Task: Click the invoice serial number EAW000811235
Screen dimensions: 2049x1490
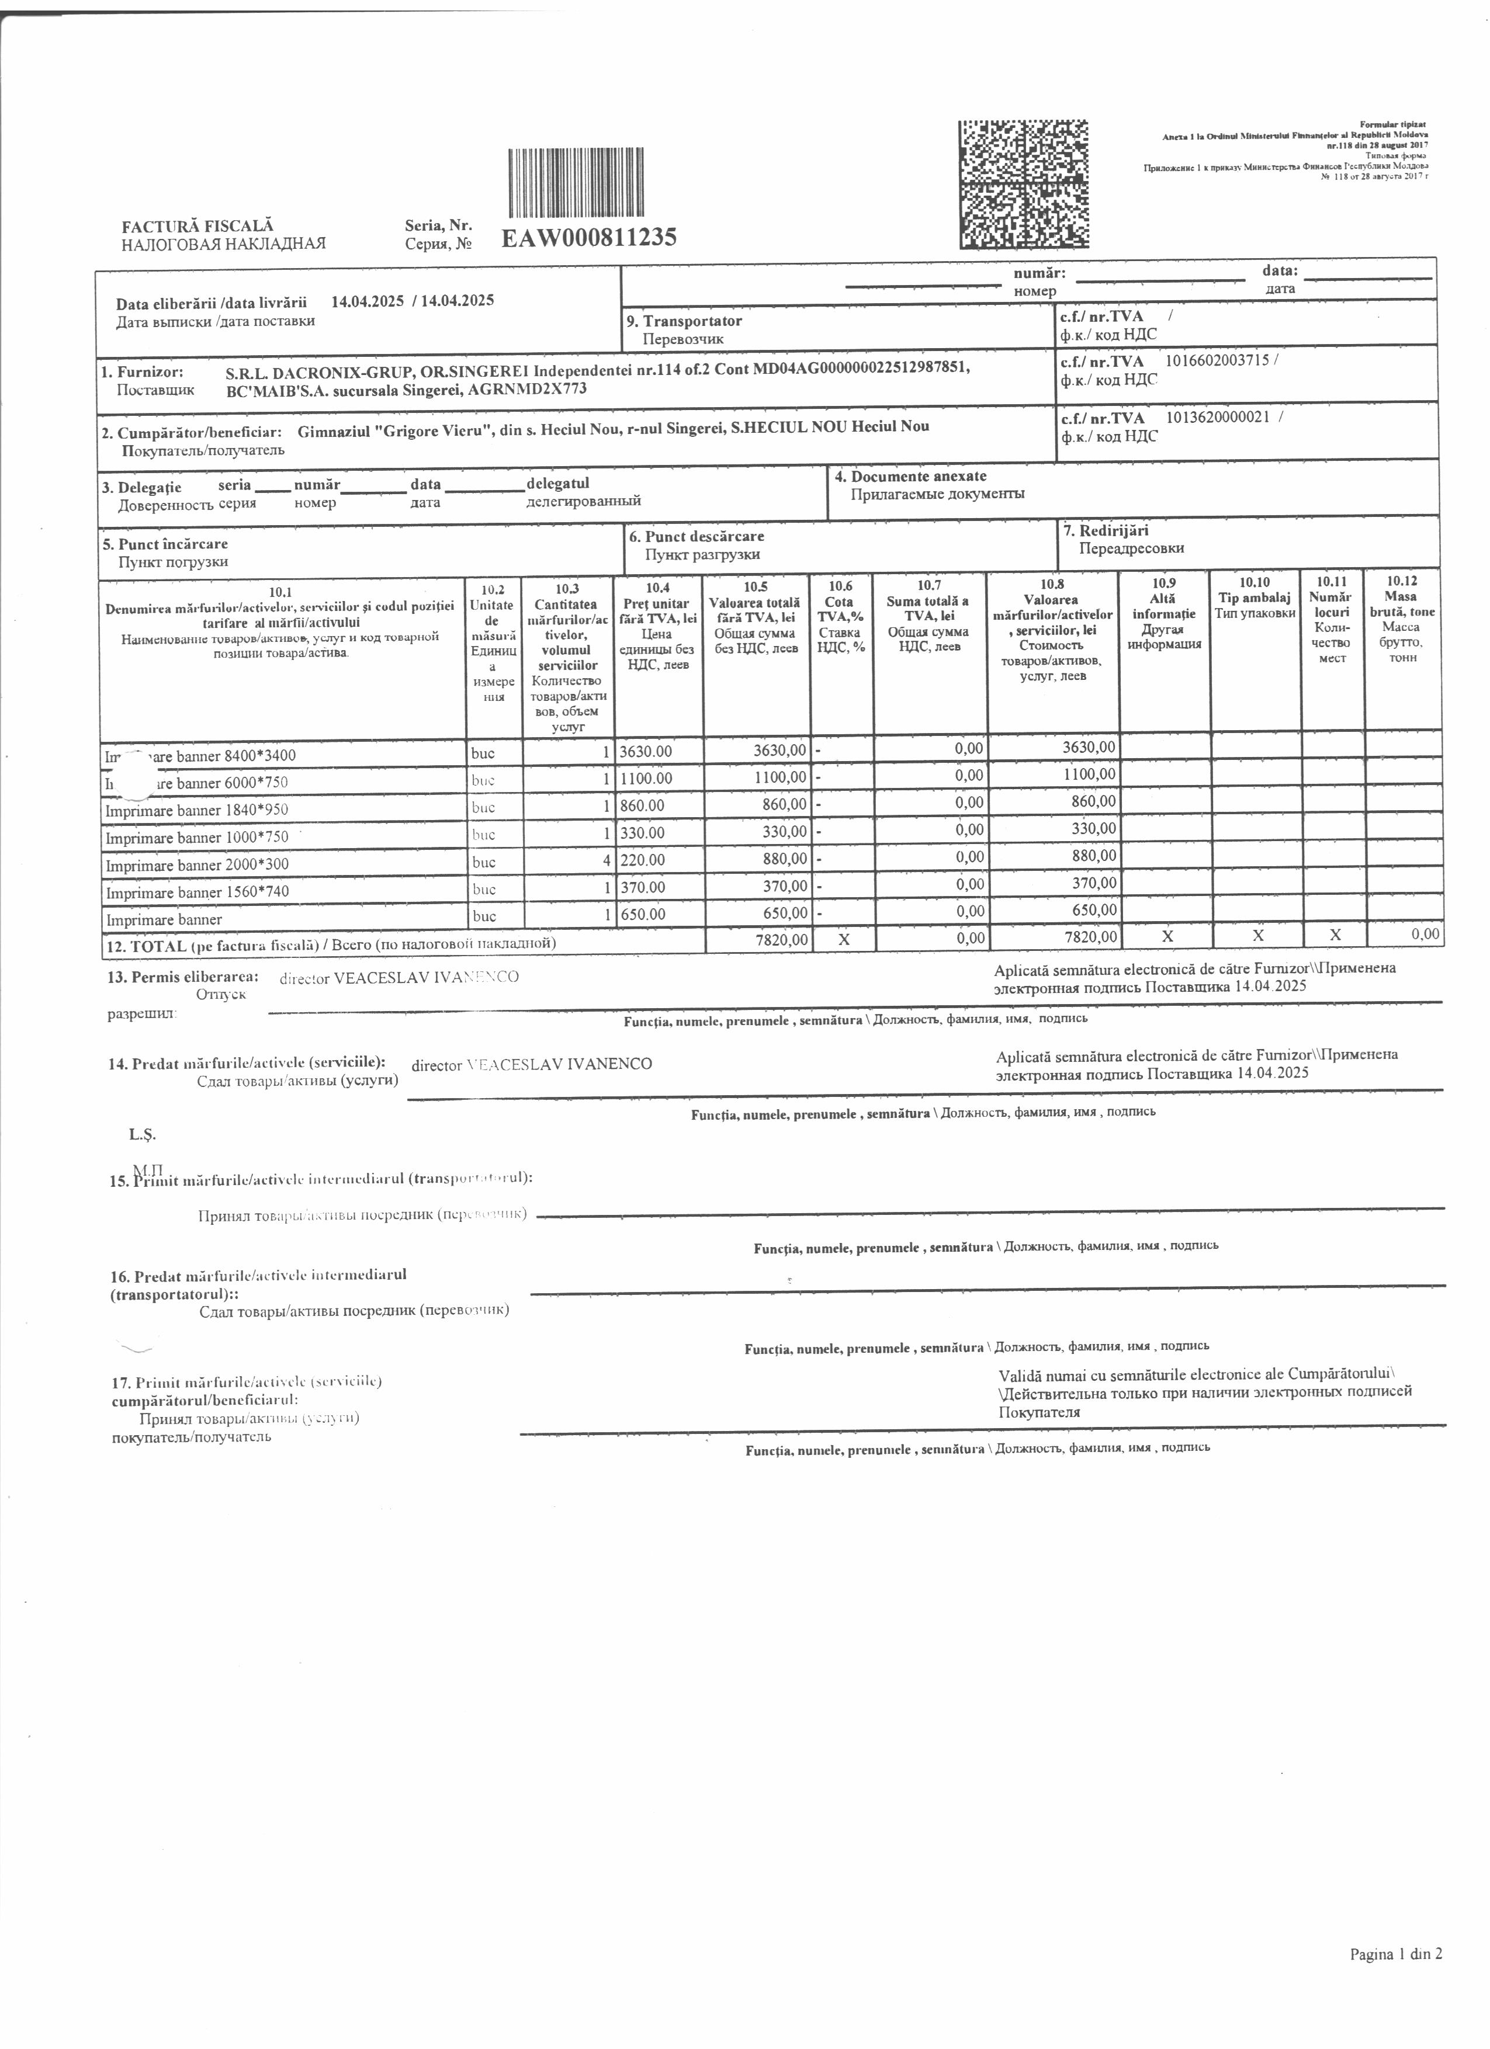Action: [x=588, y=238]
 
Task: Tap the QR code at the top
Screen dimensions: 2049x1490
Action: [x=1023, y=185]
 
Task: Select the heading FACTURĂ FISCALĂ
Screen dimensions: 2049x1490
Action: [x=198, y=226]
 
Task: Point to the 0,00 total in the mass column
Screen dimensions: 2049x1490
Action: [x=1425, y=934]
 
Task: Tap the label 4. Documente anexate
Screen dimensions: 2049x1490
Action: [x=911, y=476]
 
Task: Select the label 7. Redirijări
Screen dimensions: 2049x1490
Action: [x=1106, y=531]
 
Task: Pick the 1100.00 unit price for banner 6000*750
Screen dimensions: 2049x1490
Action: [x=646, y=779]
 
